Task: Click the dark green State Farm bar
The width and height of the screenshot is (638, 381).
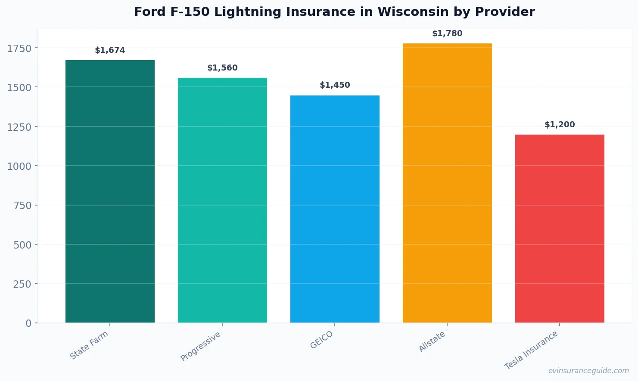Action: point(110,191)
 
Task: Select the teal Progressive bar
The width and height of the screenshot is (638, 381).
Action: point(222,200)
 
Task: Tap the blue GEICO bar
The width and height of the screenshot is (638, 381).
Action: point(335,209)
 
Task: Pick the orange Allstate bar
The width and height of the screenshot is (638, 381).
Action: point(447,183)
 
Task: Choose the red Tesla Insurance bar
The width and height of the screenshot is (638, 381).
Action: point(560,228)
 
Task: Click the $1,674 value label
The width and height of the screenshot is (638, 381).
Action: point(110,50)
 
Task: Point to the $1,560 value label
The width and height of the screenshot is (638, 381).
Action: point(222,68)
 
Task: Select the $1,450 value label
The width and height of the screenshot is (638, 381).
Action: point(335,85)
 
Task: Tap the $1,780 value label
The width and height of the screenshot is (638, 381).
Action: point(447,34)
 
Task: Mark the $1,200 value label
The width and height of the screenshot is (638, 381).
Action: point(560,125)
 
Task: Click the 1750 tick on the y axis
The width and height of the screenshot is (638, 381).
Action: point(19,49)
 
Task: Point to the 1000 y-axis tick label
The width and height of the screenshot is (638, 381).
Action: point(19,166)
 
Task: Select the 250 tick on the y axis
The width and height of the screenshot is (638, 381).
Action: point(22,284)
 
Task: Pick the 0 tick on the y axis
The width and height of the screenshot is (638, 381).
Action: point(28,323)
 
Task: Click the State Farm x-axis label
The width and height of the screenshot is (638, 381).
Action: point(89,345)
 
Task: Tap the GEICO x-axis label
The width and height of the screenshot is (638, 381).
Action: point(322,340)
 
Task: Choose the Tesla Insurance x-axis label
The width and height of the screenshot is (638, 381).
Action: point(531,350)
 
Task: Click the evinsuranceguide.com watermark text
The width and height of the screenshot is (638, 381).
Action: point(588,371)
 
